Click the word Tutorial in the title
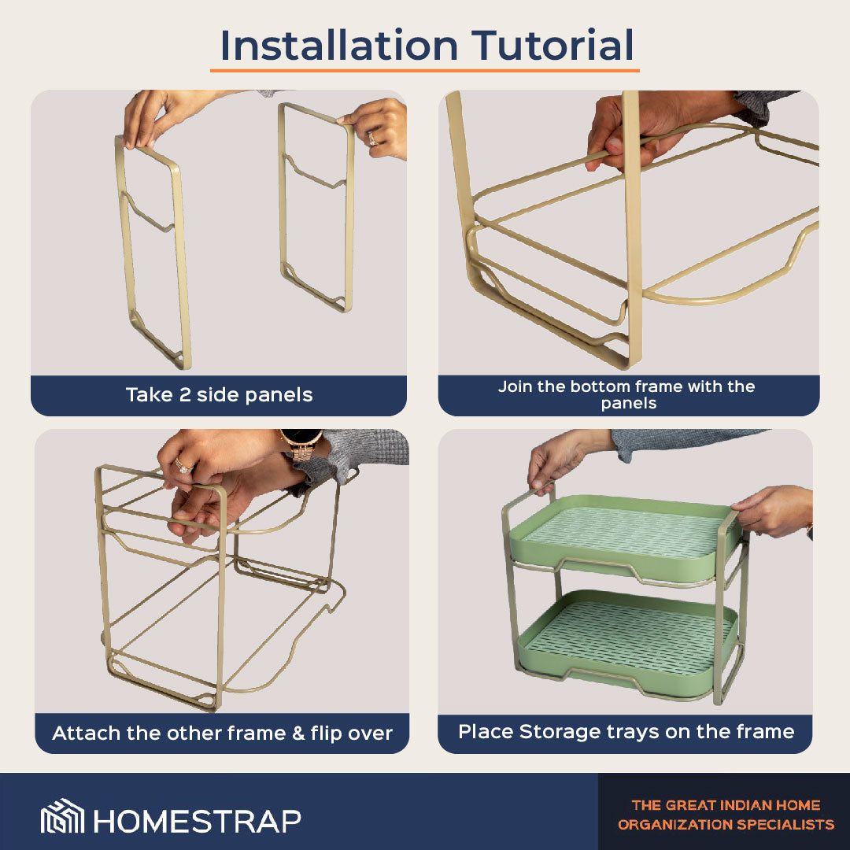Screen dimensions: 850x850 [552, 45]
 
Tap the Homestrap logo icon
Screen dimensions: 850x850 [62, 815]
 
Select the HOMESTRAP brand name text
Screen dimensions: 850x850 [198, 821]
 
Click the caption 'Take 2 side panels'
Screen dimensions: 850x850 [219, 394]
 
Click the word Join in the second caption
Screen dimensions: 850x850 [515, 386]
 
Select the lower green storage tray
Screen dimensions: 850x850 [627, 641]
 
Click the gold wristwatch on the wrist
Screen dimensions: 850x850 [301, 444]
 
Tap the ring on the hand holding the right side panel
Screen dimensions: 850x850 [372, 139]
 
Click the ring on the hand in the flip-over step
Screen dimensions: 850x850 [183, 465]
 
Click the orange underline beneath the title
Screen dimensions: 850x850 [425, 71]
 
